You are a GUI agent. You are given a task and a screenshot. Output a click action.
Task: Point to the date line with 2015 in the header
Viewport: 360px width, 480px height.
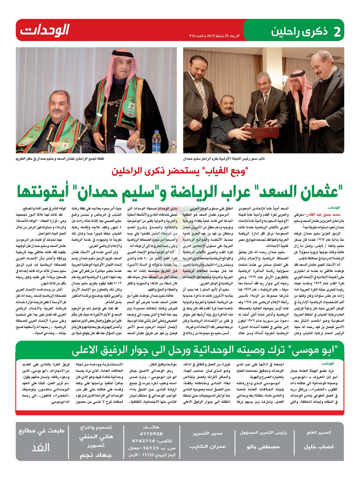[x=216, y=36]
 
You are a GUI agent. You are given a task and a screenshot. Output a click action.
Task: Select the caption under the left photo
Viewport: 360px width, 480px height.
[x=60, y=158]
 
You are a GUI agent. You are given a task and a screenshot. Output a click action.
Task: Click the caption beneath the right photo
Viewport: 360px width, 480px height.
[x=224, y=158]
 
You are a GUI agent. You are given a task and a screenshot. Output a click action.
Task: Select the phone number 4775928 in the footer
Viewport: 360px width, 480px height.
[x=151, y=434]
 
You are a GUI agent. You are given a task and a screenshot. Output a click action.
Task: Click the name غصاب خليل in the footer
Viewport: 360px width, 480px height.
[x=318, y=446]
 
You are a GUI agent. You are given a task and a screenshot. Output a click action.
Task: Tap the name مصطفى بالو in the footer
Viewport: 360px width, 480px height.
[x=263, y=446]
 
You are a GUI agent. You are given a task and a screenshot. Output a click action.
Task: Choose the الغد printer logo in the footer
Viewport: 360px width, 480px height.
[x=41, y=447]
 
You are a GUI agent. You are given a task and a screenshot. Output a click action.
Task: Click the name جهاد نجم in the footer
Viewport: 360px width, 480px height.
[x=96, y=455]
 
